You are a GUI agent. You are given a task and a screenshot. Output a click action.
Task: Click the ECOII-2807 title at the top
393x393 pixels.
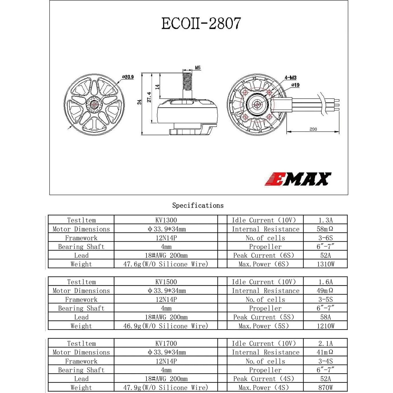(x=201, y=24)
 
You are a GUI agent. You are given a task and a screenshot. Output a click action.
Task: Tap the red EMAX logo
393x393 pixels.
(x=298, y=179)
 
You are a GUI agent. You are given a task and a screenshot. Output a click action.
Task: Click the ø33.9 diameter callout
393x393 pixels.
(x=128, y=77)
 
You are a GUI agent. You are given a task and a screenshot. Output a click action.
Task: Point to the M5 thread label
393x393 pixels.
(x=198, y=68)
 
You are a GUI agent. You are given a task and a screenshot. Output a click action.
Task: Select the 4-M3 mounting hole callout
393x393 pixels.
(x=290, y=78)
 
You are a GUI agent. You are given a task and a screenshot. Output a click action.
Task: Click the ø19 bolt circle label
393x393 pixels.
(x=295, y=85)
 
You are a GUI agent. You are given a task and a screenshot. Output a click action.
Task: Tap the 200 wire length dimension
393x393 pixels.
(x=313, y=129)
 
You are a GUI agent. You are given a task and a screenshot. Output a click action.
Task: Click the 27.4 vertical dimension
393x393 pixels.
(x=149, y=97)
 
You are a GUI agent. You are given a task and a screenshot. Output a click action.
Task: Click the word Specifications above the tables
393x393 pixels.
(x=198, y=205)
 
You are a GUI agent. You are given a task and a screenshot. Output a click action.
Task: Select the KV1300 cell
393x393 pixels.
(x=166, y=220)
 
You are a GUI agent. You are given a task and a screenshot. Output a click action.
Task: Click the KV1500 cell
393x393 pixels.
(x=166, y=282)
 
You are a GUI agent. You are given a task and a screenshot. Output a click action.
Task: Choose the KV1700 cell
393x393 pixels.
(x=166, y=343)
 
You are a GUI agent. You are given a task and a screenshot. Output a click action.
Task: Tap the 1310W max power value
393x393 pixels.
(x=325, y=264)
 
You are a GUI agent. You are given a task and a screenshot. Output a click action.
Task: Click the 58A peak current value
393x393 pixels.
(x=325, y=317)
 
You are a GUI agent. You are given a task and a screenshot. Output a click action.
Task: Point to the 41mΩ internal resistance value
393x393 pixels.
(x=325, y=352)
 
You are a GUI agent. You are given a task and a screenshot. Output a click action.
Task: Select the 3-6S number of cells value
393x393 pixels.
(x=325, y=238)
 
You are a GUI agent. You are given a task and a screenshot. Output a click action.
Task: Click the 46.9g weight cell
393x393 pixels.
(x=166, y=326)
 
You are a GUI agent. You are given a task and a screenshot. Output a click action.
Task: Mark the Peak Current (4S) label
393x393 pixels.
(x=264, y=379)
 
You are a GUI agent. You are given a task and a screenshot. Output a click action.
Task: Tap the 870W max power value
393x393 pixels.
(x=325, y=388)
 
